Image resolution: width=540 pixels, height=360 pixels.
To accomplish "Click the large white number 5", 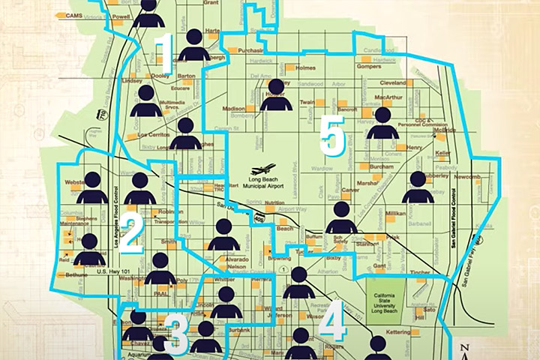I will pyautogui.click(x=331, y=133).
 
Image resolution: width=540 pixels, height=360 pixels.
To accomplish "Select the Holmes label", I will pyautogui.click(x=306, y=68).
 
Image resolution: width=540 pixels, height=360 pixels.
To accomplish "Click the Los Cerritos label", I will pyautogui.click(x=152, y=135).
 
